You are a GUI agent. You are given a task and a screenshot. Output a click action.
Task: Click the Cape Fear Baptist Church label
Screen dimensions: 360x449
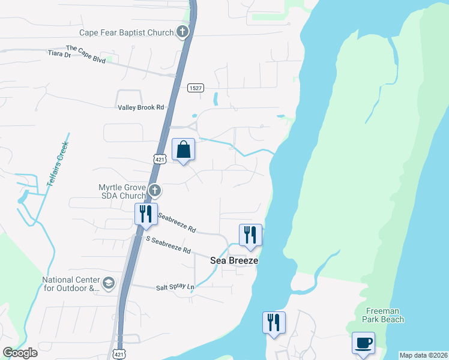point(126,32)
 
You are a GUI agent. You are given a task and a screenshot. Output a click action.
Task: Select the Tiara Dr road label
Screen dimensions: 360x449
point(59,55)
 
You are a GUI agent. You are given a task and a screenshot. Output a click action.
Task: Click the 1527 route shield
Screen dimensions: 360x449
point(194,88)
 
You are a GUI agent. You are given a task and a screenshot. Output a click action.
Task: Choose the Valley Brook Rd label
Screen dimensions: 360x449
point(140,107)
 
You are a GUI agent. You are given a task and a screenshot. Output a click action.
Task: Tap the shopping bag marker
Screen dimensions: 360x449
point(184,149)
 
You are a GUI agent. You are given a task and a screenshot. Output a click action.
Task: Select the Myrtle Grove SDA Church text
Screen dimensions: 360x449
point(122,191)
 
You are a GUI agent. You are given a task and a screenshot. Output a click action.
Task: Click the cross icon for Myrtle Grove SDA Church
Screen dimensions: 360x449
point(155,191)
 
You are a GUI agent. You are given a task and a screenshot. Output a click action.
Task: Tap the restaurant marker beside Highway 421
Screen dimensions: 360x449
point(145,214)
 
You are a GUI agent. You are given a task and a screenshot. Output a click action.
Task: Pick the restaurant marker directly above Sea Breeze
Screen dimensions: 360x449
point(250,235)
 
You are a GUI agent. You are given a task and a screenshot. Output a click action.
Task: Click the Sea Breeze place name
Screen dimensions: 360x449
point(234,260)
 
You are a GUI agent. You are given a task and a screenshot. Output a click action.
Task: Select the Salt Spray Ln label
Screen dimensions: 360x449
point(175,288)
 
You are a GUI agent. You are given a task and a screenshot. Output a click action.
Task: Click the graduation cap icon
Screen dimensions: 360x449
point(109,283)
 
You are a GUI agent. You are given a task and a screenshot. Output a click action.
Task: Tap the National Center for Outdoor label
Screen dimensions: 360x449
point(69,284)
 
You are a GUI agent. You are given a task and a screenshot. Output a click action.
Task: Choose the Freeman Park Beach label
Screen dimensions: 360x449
point(384,315)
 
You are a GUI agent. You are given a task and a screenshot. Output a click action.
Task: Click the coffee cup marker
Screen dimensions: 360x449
point(363,343)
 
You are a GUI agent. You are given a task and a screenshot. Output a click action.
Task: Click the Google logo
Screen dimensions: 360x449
point(20,353)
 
